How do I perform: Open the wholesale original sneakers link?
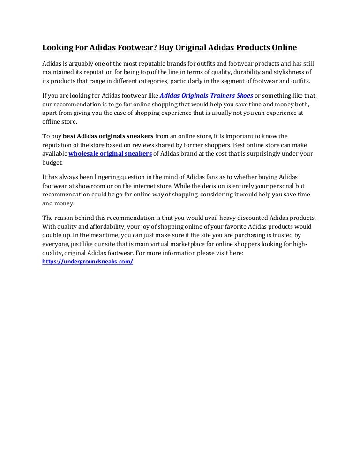tap(110, 153)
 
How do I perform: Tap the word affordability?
tap(105, 226)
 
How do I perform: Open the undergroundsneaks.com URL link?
tap(88, 262)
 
